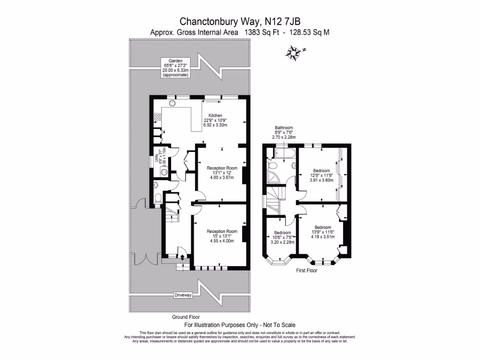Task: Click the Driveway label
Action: click(183, 295)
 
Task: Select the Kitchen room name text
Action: click(215, 115)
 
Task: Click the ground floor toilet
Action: click(157, 198)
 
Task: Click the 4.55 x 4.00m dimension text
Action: click(222, 241)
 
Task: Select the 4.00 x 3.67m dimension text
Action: click(222, 177)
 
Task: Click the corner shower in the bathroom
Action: click(271, 177)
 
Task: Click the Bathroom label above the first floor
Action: click(284, 127)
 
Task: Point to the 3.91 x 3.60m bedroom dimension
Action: click(321, 180)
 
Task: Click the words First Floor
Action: click(307, 270)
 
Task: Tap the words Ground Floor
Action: click(186, 317)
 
